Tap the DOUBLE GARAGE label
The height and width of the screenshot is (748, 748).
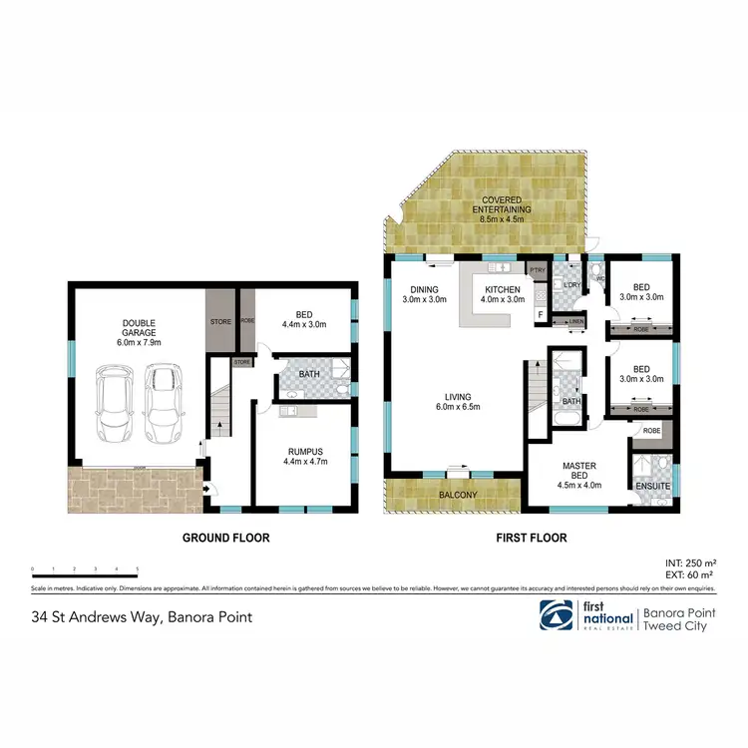[x=140, y=330]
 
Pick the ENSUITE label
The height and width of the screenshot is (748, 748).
[x=653, y=487]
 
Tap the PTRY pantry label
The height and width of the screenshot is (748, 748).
[x=538, y=270]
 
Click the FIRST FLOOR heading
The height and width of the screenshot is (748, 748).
[x=532, y=538]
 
